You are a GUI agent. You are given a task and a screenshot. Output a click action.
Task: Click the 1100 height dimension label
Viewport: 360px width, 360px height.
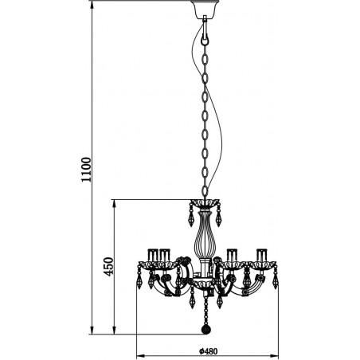coord(86,170)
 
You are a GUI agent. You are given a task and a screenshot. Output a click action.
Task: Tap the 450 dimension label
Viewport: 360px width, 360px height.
coord(108,267)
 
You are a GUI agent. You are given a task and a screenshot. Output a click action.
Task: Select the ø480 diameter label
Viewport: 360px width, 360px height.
coord(209,351)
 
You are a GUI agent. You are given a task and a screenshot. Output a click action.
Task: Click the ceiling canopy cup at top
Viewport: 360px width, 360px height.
coord(205,9)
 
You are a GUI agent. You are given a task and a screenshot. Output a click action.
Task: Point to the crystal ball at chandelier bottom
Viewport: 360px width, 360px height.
coord(206,330)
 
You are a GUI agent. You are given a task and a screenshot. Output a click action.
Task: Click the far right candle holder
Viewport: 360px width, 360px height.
coord(262,255)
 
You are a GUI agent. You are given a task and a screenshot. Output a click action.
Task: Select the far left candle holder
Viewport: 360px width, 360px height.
coord(153,255)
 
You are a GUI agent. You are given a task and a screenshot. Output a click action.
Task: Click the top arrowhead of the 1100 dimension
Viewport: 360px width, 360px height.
coord(92,5)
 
